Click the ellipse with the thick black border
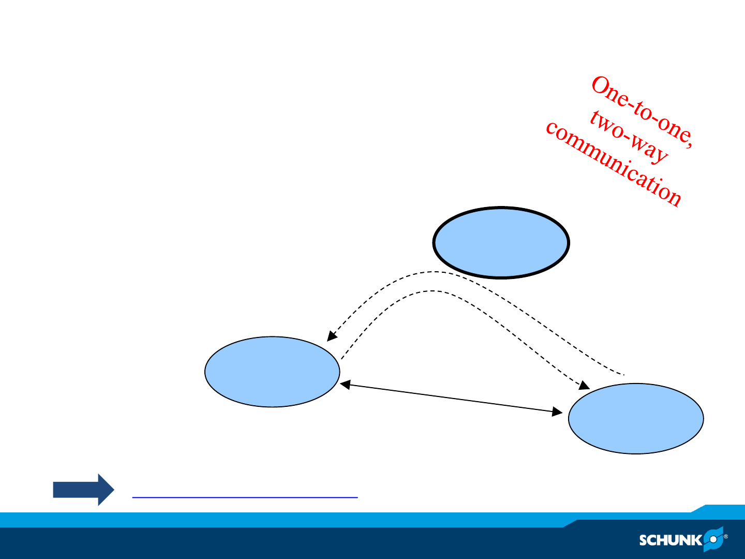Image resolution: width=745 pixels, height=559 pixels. coord(501,242)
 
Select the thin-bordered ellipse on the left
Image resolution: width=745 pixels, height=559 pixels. coord(272,372)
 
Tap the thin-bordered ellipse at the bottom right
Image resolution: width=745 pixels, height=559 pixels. coord(636,419)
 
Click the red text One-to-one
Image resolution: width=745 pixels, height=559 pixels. coord(642,112)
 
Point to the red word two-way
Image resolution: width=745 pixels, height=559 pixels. coord(629,138)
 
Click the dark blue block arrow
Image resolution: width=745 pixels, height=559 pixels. coord(83,490)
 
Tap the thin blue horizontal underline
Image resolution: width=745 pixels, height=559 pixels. coord(245,497)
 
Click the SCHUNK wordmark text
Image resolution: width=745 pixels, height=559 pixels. coord(671,540)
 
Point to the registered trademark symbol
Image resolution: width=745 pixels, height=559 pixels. coord(726,537)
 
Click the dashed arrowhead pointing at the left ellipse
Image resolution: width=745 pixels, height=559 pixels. coord(331,336)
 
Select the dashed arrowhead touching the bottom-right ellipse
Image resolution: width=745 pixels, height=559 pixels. coord(585,386)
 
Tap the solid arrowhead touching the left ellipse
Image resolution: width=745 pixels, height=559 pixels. coord(345,385)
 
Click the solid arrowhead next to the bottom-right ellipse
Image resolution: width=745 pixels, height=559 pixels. coord(557,411)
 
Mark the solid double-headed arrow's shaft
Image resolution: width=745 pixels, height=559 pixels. coord(452,398)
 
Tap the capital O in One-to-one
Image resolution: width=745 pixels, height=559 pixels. coord(600,85)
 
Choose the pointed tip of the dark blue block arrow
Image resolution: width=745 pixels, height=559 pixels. coord(114,490)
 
